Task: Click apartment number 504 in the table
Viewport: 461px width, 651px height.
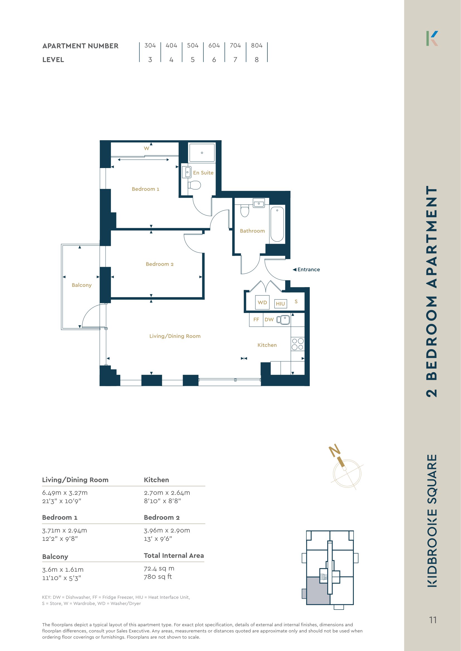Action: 192,46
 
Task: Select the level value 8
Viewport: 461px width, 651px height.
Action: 257,60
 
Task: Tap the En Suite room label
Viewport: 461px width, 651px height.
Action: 203,173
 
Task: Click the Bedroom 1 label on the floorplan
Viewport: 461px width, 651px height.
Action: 145,189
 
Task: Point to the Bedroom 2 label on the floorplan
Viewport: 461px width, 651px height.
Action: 160,264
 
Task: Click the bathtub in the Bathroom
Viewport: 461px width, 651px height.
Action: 277,224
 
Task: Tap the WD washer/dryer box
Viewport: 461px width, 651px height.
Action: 262,302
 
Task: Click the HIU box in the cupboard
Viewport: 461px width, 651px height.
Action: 280,304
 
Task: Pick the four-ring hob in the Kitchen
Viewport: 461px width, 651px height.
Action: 298,344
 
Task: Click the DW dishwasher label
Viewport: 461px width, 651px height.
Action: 269,320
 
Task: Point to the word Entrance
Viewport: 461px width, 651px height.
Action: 309,270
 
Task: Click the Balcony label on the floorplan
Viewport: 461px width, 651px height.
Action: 82,285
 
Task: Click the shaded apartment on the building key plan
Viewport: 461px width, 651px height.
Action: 318,591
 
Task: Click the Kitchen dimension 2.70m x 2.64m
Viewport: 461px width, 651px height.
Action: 167,493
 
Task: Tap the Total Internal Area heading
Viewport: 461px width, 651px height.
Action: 174,556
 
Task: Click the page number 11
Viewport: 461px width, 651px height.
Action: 433,620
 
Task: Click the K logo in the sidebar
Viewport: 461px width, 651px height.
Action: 432,38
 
